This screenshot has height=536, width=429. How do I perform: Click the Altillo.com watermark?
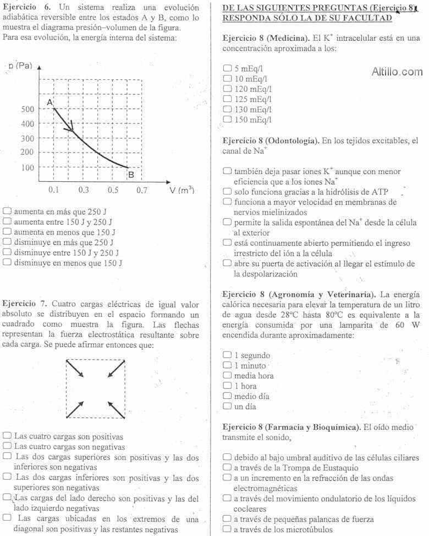[397, 72]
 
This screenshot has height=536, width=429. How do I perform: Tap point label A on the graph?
[49, 103]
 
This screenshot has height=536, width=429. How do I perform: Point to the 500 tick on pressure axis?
[28, 109]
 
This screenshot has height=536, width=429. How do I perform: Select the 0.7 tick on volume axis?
[142, 190]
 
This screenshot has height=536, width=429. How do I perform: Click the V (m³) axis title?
[182, 190]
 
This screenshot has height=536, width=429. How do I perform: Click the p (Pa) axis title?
[21, 66]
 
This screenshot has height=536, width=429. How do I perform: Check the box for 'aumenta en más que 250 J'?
[7, 210]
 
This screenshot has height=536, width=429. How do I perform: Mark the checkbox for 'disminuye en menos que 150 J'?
[7, 263]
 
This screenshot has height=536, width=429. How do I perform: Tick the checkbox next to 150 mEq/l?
[227, 119]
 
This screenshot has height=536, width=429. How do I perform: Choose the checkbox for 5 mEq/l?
[227, 69]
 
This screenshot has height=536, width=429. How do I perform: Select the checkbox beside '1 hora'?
[227, 386]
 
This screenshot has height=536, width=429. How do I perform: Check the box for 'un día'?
[227, 407]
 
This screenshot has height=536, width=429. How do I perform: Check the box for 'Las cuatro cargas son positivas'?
[7, 436]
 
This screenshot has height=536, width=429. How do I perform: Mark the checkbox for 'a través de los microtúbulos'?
[227, 530]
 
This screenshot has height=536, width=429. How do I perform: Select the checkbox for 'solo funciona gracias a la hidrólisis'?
[227, 192]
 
